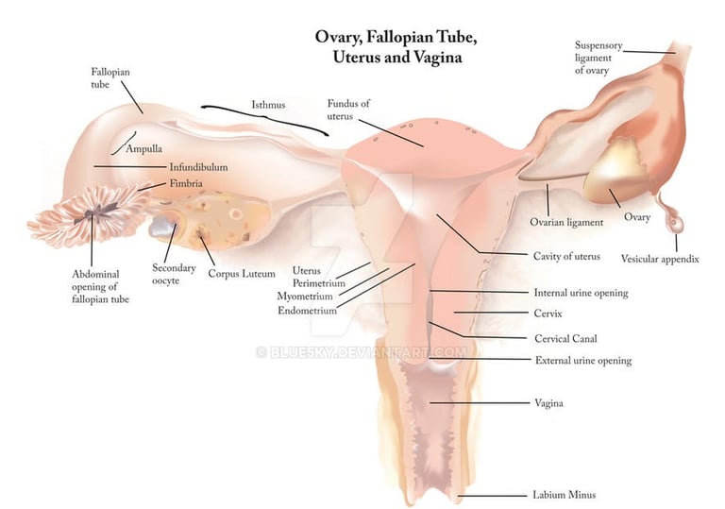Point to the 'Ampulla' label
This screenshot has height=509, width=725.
[x=143, y=149]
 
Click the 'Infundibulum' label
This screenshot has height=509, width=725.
[x=198, y=167]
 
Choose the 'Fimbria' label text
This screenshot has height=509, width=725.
[x=185, y=183]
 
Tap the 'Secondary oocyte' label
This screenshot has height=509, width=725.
[x=174, y=274]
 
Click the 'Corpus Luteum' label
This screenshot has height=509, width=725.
[x=242, y=274]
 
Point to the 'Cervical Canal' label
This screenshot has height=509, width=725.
[x=565, y=338]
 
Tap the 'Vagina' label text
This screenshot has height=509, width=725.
[x=548, y=403]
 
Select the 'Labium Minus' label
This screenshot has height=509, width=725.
[x=564, y=494]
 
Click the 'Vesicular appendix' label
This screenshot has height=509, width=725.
[x=660, y=259]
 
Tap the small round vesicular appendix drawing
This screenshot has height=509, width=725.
[x=676, y=224]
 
